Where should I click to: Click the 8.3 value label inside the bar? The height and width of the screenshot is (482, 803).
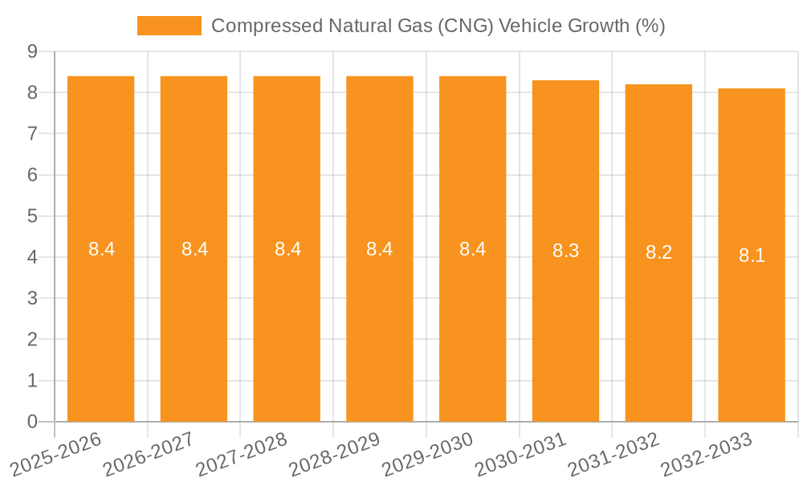[565, 251]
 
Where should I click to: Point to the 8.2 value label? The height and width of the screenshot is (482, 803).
[658, 252]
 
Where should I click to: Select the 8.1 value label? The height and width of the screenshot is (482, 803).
[752, 255]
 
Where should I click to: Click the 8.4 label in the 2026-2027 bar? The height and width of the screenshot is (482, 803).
[194, 249]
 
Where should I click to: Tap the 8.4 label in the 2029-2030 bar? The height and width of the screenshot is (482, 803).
[472, 249]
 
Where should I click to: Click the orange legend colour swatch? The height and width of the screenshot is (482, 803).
[169, 26]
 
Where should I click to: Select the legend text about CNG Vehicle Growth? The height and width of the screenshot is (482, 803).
[438, 26]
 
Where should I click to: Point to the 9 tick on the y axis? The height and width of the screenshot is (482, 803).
[32, 51]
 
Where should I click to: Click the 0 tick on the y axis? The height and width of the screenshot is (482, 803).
[32, 422]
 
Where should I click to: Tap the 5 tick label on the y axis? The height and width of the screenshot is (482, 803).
[32, 216]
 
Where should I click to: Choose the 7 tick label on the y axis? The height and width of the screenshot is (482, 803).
[32, 133]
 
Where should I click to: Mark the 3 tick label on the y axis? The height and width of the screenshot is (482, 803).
[32, 298]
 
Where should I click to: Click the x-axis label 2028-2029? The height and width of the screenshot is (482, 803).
[335, 455]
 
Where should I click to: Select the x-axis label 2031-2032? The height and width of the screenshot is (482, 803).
[613, 455]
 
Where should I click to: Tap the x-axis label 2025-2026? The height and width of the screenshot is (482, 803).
[56, 455]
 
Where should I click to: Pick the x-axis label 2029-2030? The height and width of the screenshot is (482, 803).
[428, 455]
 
